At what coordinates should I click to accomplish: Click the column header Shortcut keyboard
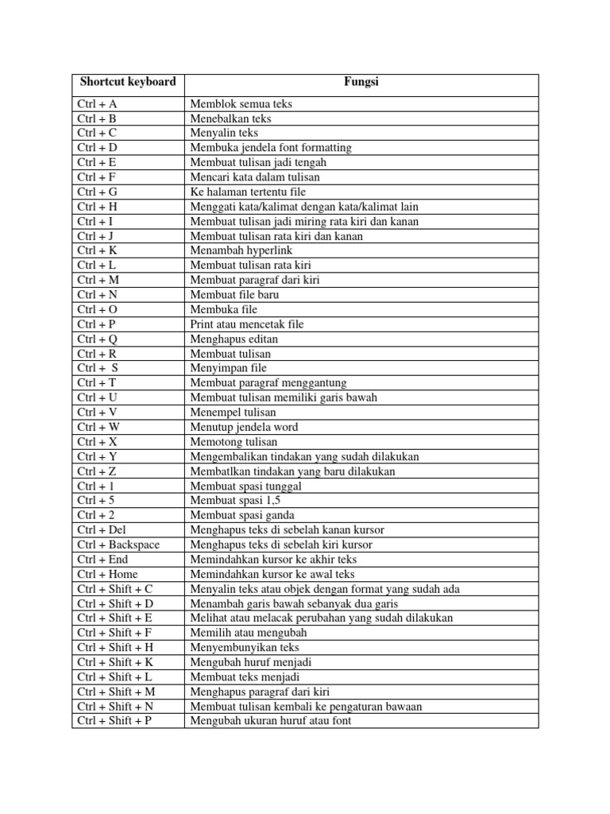(127, 82)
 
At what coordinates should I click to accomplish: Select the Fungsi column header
(361, 82)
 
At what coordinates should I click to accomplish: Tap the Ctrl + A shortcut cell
(97, 103)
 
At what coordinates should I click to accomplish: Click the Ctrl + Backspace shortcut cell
(118, 545)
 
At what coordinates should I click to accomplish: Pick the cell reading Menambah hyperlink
(232, 250)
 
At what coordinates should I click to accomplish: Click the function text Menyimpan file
(228, 368)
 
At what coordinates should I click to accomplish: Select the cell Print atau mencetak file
(246, 324)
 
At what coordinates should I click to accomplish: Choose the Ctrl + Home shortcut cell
(107, 574)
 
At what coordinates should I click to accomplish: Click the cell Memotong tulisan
(234, 442)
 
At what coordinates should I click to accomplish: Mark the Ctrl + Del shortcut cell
(102, 530)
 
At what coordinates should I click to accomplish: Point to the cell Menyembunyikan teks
(245, 648)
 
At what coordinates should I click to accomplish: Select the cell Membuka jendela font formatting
(270, 147)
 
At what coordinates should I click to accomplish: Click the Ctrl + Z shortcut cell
(97, 471)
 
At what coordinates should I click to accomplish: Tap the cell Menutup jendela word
(244, 427)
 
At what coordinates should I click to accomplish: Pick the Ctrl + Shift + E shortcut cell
(116, 618)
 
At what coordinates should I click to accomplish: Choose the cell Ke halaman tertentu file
(248, 192)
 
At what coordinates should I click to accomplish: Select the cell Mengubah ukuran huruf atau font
(270, 721)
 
